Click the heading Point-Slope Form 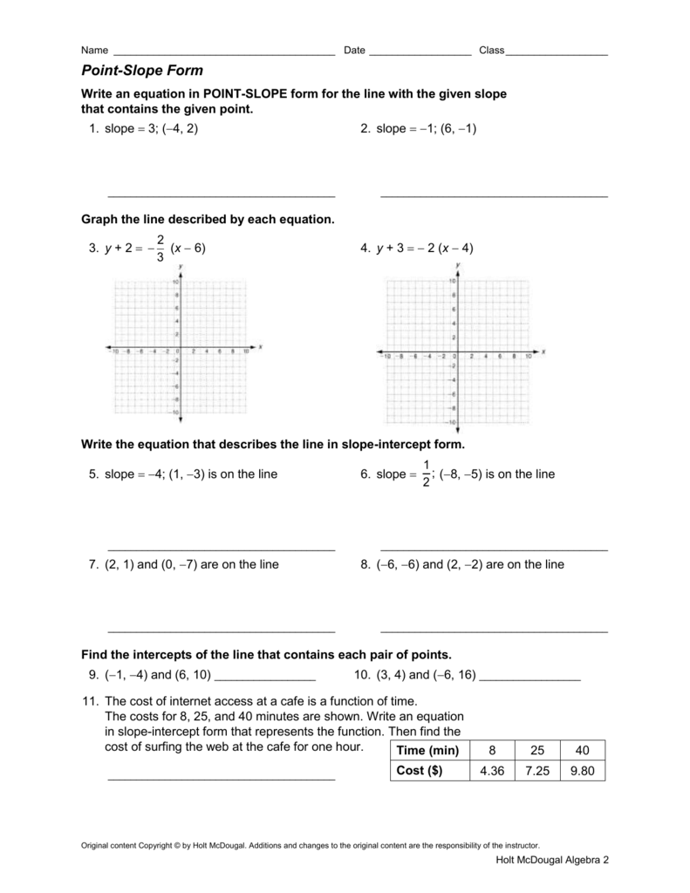coord(141,71)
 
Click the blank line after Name coord(224,54)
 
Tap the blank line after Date coord(420,54)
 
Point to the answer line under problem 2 coord(494,196)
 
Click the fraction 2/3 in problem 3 coord(160,248)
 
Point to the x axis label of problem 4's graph coord(542,351)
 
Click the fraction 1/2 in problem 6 coord(426,474)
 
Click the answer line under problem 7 coord(221,631)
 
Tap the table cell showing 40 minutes coord(583,751)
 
